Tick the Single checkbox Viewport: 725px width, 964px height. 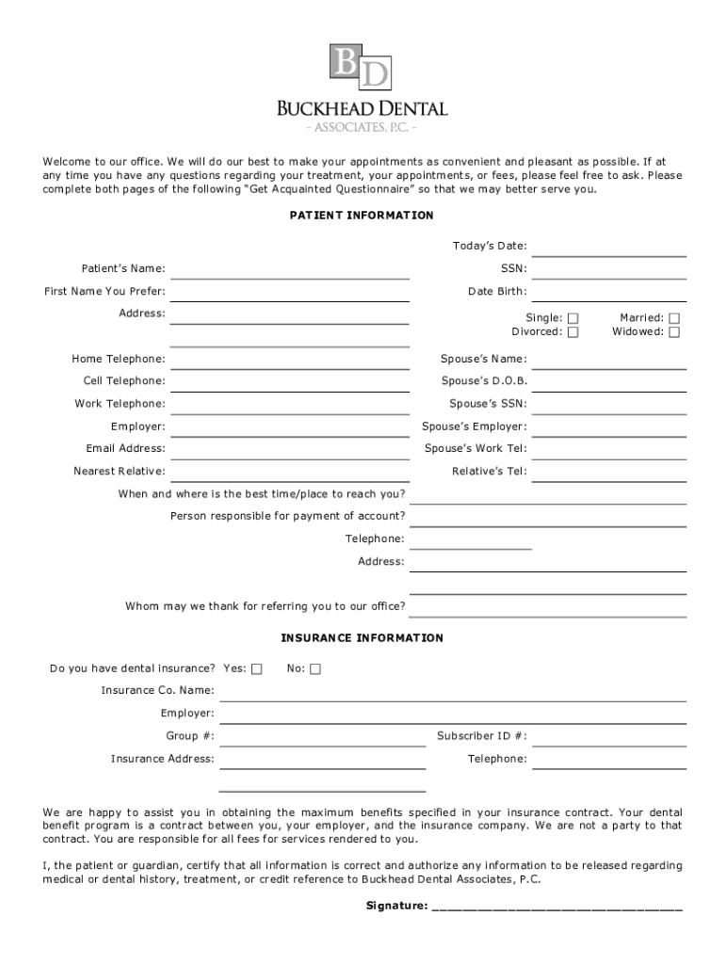(x=573, y=318)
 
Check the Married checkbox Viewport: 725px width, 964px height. (x=674, y=318)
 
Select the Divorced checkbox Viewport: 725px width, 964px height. (x=573, y=331)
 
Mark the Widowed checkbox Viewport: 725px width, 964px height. (x=674, y=331)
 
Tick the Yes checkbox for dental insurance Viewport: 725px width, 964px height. (x=257, y=668)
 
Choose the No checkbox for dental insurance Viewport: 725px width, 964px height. (x=315, y=668)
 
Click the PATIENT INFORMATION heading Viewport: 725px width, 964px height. (x=362, y=216)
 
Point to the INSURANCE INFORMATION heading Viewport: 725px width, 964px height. (x=362, y=638)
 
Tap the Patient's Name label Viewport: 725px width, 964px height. (x=123, y=269)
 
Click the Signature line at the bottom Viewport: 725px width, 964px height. (x=556, y=909)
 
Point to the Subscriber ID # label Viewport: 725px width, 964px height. (x=481, y=736)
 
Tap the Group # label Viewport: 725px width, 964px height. (x=189, y=736)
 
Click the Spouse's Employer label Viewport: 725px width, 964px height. (x=474, y=426)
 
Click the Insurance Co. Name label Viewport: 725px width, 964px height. (x=157, y=691)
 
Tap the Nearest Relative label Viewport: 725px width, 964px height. (x=120, y=472)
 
